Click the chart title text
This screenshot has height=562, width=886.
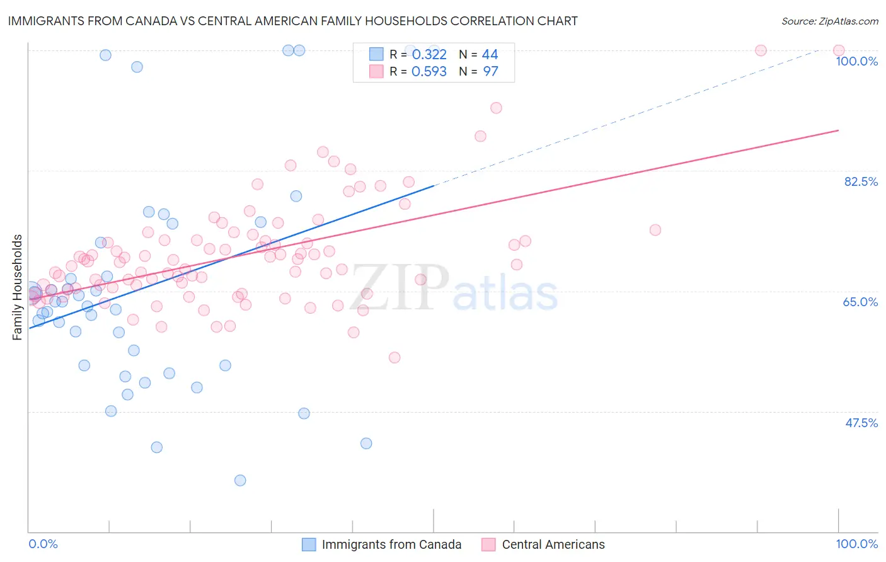click(x=292, y=21)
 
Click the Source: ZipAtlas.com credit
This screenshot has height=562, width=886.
click(x=829, y=21)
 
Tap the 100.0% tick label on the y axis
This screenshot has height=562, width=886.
click(x=856, y=61)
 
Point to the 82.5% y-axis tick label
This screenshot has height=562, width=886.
click(x=861, y=181)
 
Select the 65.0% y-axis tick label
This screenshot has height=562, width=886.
click(x=860, y=302)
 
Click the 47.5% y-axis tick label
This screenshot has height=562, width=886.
click(x=861, y=423)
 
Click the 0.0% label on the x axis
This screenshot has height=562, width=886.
click(x=43, y=544)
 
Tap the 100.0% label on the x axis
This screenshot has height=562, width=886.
click(x=856, y=544)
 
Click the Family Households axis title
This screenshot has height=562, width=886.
click(x=18, y=287)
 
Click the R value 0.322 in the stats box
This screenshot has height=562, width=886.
click(x=429, y=55)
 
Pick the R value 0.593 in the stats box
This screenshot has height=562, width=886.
click(x=429, y=72)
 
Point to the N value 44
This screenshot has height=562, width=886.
click(x=490, y=55)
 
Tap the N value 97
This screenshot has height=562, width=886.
click(x=490, y=72)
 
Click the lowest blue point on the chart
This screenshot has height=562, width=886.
click(x=240, y=480)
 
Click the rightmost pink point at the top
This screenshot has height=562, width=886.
click(x=839, y=50)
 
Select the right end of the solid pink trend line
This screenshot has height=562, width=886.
click(x=839, y=130)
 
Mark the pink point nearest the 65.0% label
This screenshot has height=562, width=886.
click(x=655, y=230)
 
